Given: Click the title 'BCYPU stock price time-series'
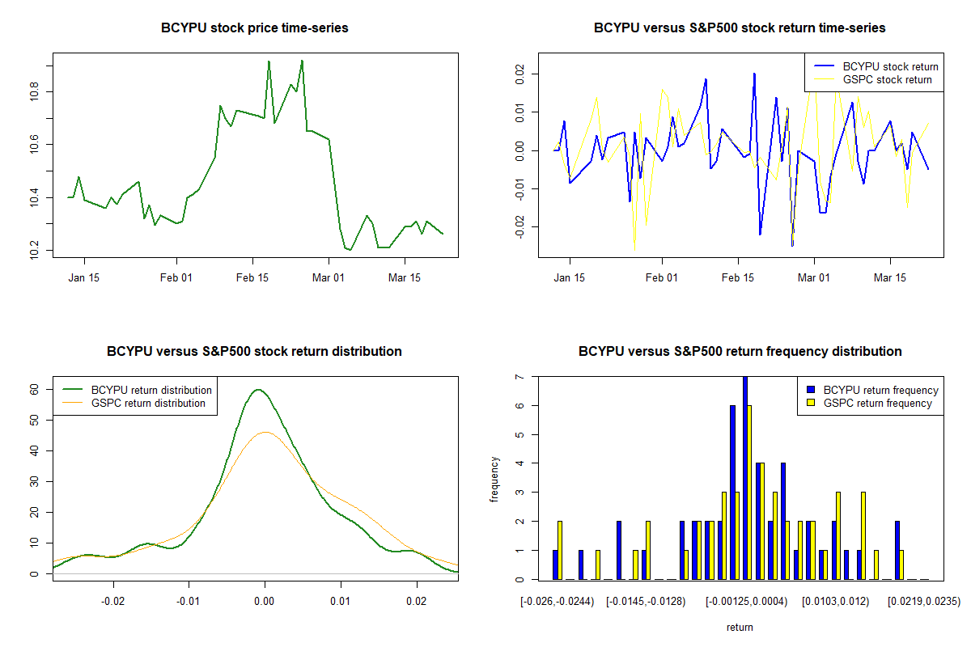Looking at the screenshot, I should click(255, 28).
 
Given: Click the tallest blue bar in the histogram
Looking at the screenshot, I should click(745, 477).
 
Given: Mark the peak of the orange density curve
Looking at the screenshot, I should click(265, 432).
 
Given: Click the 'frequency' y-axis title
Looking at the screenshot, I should click(495, 478).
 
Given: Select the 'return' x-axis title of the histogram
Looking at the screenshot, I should click(740, 627).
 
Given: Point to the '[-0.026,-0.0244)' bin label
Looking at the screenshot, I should click(558, 602).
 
